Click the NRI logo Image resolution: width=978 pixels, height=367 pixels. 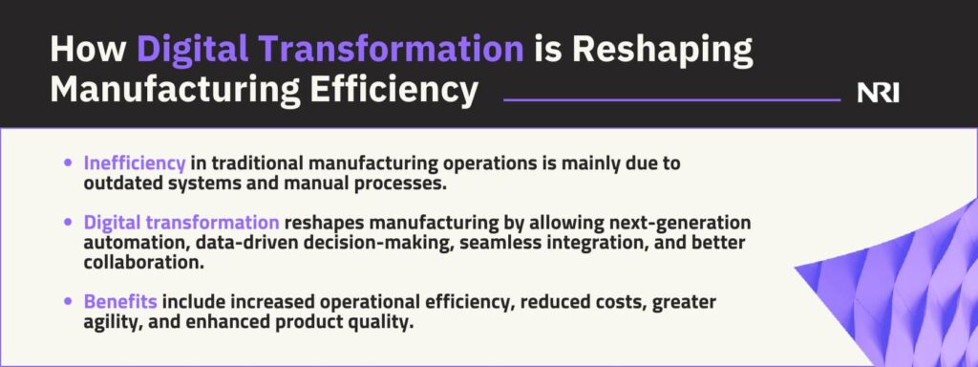click(x=879, y=94)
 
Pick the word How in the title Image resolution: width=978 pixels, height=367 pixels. click(x=87, y=49)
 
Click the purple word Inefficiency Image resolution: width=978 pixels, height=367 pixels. click(x=135, y=164)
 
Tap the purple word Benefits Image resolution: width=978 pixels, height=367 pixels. click(x=120, y=302)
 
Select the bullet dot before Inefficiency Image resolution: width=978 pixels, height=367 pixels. click(x=68, y=163)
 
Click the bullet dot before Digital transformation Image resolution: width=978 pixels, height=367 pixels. click(x=68, y=223)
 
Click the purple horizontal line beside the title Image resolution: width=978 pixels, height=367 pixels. click(x=671, y=99)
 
